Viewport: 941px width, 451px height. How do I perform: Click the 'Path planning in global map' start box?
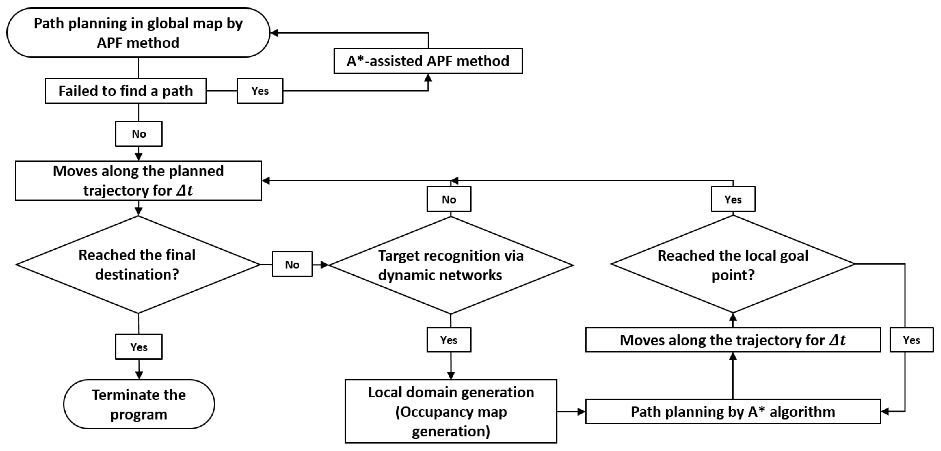138,33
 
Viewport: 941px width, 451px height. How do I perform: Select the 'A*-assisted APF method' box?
428,61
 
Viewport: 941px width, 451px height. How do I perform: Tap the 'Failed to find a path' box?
126,91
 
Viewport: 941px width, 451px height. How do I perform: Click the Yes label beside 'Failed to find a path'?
260,91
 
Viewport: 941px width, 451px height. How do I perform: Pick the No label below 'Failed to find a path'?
139,134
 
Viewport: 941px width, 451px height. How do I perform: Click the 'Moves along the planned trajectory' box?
138,181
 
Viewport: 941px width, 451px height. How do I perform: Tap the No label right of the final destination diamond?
292,264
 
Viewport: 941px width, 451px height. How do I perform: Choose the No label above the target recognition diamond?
449,199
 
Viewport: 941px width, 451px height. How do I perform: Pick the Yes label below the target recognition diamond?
449,340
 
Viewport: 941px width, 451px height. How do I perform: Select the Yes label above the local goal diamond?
733,199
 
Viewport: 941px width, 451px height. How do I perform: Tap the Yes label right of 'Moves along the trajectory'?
911,340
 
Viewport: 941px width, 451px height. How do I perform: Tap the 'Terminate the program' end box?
139,404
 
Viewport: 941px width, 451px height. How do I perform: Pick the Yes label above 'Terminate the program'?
139,347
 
